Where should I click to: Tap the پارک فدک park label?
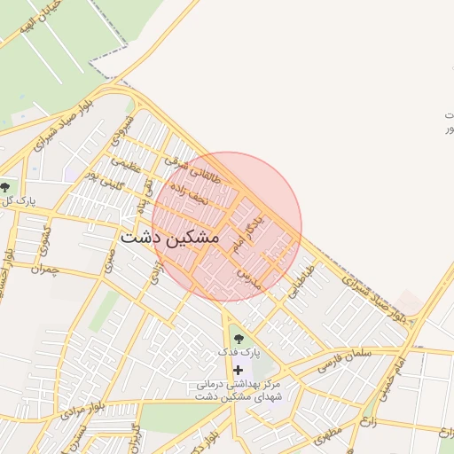pyautogui.click(x=239, y=353)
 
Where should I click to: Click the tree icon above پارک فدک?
pyautogui.click(x=237, y=337)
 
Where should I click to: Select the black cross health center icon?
pyautogui.click(x=238, y=369)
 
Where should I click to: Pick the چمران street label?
pyautogui.click(x=43, y=269)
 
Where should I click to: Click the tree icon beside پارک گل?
pyautogui.click(x=6, y=187)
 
